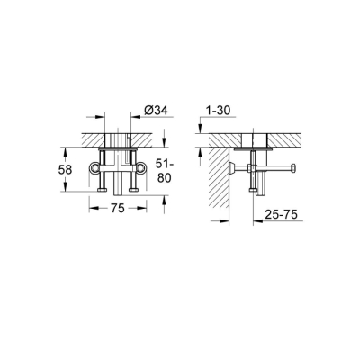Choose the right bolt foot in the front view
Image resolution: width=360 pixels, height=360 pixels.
pos(132,187)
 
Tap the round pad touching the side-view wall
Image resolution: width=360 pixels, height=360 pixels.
pos(232,171)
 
